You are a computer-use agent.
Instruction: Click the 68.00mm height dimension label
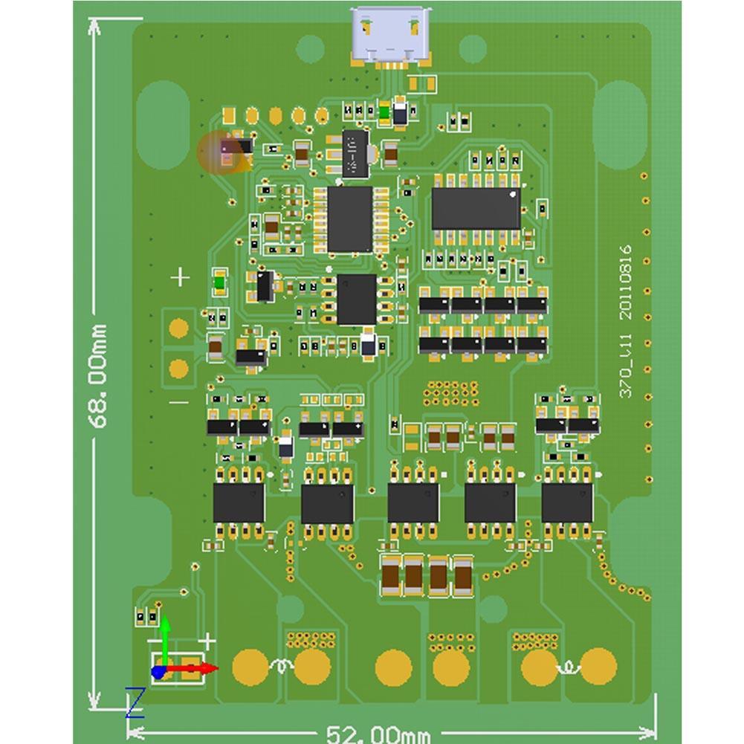click(x=98, y=375)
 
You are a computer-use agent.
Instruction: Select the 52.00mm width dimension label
click(x=378, y=734)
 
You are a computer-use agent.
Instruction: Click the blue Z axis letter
click(x=135, y=702)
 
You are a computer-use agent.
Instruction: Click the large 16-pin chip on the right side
click(x=476, y=207)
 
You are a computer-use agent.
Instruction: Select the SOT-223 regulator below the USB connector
click(x=355, y=153)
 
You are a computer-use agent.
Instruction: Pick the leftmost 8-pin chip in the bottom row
click(x=239, y=502)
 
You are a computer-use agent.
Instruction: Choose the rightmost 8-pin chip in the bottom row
click(x=567, y=502)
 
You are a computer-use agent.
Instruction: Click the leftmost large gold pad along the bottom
click(x=250, y=667)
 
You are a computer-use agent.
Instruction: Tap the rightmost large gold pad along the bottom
click(x=598, y=667)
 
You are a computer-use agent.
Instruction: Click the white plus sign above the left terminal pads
click(x=181, y=278)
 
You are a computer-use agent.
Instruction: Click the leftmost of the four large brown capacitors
click(x=390, y=575)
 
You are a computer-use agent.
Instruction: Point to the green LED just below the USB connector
click(x=384, y=113)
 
